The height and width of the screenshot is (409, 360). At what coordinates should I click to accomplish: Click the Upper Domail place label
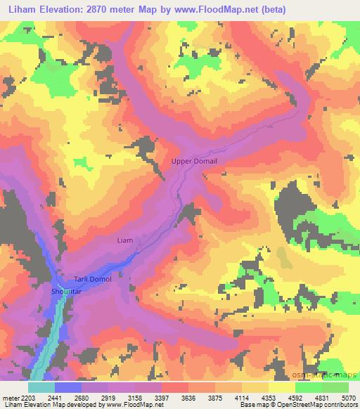[195, 162]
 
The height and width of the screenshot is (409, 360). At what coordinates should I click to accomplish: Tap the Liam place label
[124, 240]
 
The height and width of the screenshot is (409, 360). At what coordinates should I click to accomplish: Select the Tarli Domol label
[93, 279]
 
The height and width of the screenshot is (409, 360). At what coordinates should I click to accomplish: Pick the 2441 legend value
[56, 398]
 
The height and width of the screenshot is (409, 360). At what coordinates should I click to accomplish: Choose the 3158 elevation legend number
[137, 398]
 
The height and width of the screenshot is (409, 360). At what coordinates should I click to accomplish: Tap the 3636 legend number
[191, 398]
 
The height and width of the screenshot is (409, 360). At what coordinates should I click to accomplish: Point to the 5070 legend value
[349, 398]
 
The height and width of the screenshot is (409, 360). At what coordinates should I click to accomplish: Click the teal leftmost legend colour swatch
[41, 387]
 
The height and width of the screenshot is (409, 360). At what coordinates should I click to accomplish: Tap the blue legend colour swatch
[68, 387]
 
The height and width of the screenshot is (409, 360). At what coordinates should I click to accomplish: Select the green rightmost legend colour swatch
[335, 387]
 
